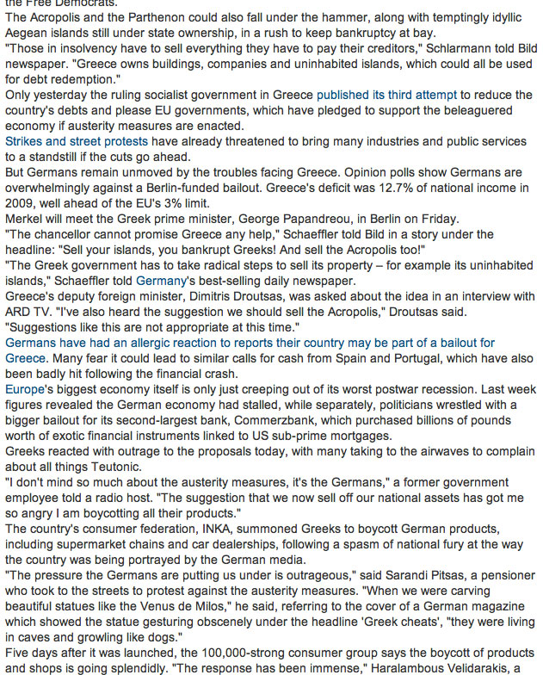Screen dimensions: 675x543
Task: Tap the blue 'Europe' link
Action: click(x=24, y=389)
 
